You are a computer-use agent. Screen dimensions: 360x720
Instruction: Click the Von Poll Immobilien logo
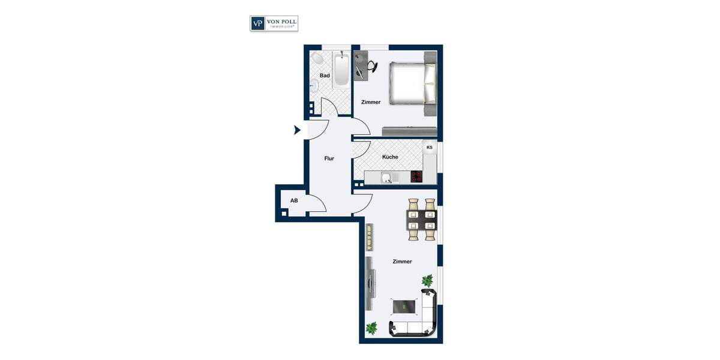(274, 23)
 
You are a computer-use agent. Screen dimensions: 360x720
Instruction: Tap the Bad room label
(325, 76)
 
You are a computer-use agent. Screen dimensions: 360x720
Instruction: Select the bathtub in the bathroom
(341, 71)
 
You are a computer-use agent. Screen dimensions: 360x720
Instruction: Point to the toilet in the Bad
(317, 59)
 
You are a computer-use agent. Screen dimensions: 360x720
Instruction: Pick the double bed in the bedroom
(412, 82)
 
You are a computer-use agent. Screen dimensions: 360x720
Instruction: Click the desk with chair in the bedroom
(364, 66)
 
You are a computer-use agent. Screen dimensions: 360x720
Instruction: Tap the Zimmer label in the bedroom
(371, 102)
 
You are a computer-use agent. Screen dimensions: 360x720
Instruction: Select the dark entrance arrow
(296, 130)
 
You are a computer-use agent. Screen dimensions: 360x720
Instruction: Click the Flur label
(329, 158)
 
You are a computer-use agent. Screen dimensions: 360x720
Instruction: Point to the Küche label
(390, 157)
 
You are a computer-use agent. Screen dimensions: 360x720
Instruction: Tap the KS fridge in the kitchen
(429, 148)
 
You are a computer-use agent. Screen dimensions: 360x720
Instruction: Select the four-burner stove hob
(416, 177)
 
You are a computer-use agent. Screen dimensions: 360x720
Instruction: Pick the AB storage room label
(294, 200)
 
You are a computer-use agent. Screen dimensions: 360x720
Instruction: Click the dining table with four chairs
(421, 220)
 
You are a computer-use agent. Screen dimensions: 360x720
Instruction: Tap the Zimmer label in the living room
(402, 262)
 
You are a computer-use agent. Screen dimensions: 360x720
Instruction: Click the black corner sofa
(420, 318)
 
